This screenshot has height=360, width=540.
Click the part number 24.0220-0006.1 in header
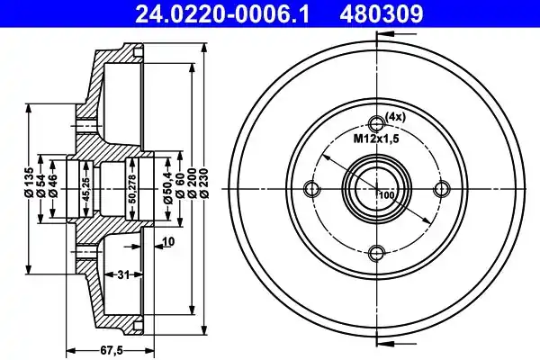click(222, 13)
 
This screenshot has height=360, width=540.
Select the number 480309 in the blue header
click(382, 13)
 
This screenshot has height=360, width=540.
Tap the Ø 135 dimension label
click(29, 182)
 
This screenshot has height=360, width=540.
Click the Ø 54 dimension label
click(41, 185)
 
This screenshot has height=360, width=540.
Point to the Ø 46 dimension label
click(53, 185)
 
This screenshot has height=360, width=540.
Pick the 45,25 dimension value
click(86, 190)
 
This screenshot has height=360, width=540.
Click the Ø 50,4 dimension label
click(168, 186)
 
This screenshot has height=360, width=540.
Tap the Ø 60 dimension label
click(180, 185)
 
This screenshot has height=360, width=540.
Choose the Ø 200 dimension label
click(193, 183)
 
